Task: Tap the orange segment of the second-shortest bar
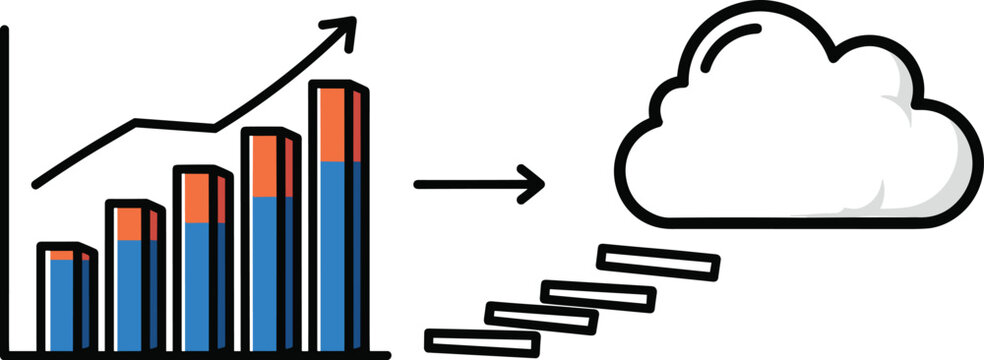(x=128, y=224)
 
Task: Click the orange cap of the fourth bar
(x=264, y=166)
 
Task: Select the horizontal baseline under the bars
(x=200, y=353)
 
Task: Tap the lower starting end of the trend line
(x=36, y=185)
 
